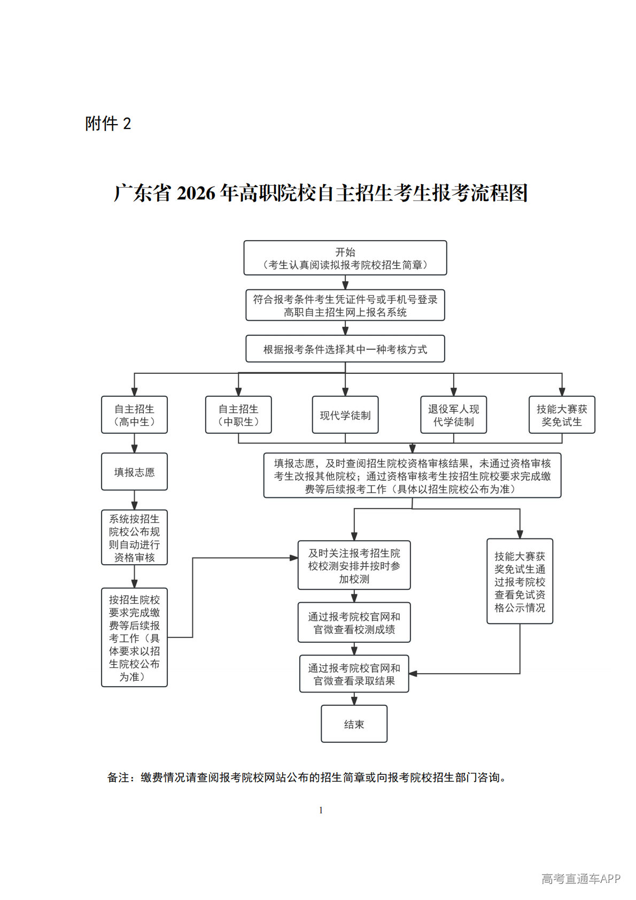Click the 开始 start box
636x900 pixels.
coord(345,258)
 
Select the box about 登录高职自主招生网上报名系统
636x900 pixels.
coord(345,305)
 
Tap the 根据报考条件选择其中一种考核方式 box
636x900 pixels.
coord(345,349)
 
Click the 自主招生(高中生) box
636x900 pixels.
coord(134,414)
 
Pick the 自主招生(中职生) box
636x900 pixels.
coord(238,414)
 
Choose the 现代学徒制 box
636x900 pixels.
coord(345,414)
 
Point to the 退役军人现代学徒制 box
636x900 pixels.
coord(453,414)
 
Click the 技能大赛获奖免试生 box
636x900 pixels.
coord(561,414)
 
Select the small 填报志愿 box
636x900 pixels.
coord(134,472)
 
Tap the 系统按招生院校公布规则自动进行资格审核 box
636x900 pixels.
coord(134,537)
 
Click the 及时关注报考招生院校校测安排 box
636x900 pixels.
coord(354,565)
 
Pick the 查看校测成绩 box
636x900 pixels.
coord(354,622)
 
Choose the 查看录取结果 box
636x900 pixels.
coord(354,674)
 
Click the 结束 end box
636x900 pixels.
coord(354,724)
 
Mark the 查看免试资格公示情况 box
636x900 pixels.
coord(519,581)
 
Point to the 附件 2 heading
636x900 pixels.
coord(108,124)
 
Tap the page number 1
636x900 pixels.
coord(321,810)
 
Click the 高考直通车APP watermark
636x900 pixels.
coord(580,879)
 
